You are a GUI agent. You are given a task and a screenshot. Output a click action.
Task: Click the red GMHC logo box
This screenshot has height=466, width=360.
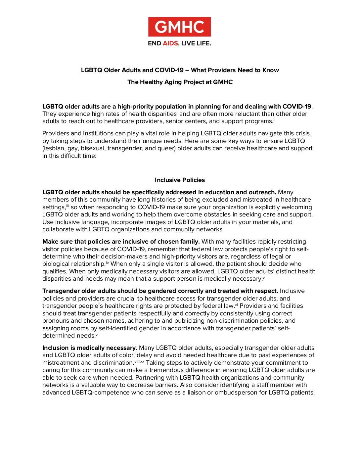click(179, 27)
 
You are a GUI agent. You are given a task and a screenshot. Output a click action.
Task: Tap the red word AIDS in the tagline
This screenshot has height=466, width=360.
click(170, 43)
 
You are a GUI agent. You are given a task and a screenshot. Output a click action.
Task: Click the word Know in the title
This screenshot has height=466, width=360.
click(271, 70)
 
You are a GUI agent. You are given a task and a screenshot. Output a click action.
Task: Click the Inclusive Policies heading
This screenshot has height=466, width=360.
click(180, 180)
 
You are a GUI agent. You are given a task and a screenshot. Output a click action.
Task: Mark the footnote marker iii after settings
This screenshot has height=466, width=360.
click(67, 206)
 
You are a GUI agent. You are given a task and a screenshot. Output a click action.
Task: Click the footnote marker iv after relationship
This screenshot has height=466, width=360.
click(107, 263)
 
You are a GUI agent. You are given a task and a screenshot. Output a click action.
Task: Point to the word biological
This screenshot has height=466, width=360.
click(56, 264)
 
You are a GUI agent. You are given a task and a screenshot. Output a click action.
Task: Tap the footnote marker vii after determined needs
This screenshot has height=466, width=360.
click(98, 335)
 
